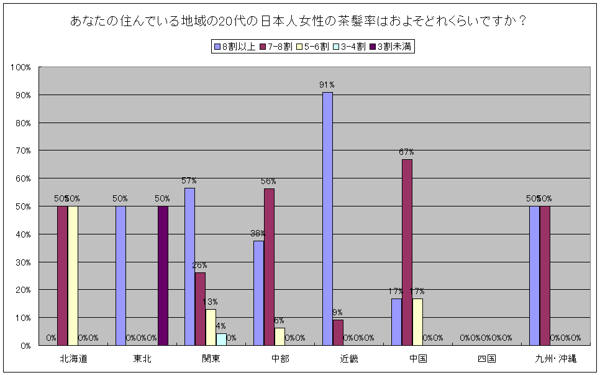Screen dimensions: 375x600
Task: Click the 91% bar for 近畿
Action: pyautogui.click(x=327, y=218)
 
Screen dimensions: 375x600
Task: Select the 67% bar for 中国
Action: pyautogui.click(x=407, y=252)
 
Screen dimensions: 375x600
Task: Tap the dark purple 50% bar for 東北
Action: pyautogui.click(x=163, y=275)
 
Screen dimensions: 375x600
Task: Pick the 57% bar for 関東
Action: pyautogui.click(x=189, y=266)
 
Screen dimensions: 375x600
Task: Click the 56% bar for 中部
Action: pyautogui.click(x=269, y=267)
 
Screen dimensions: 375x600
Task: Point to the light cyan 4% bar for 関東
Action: pyautogui.click(x=221, y=339)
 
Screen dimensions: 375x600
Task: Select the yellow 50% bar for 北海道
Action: pyautogui.click(x=73, y=275)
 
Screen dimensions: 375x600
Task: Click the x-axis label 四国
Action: pyautogui.click(x=487, y=359)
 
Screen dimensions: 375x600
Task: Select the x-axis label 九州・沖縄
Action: pyautogui.click(x=556, y=359)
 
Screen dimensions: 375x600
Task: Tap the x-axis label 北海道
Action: pyautogui.click(x=73, y=359)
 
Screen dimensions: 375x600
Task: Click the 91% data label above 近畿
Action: pyautogui.click(x=327, y=85)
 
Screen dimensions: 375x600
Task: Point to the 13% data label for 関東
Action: pyautogui.click(x=211, y=302)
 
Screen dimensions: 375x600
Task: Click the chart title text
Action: pyautogui.click(x=299, y=21)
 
